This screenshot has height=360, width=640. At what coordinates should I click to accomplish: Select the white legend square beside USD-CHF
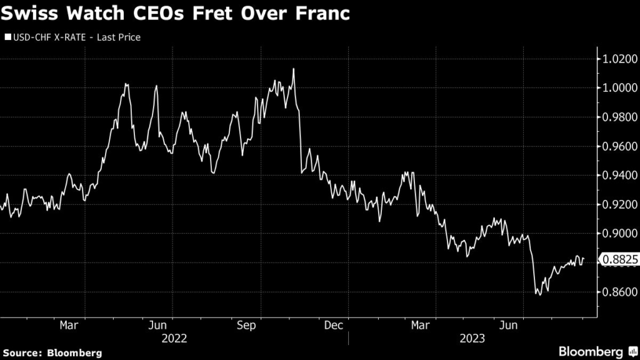click(x=8, y=37)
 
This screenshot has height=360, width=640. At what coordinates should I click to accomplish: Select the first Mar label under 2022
click(x=69, y=325)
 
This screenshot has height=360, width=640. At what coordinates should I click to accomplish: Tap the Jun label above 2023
click(x=511, y=325)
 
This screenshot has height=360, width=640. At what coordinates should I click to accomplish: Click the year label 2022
click(x=174, y=338)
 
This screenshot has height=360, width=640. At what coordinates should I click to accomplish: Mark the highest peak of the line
click(x=293, y=69)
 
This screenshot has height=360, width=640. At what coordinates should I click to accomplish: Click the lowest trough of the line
click(x=539, y=294)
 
